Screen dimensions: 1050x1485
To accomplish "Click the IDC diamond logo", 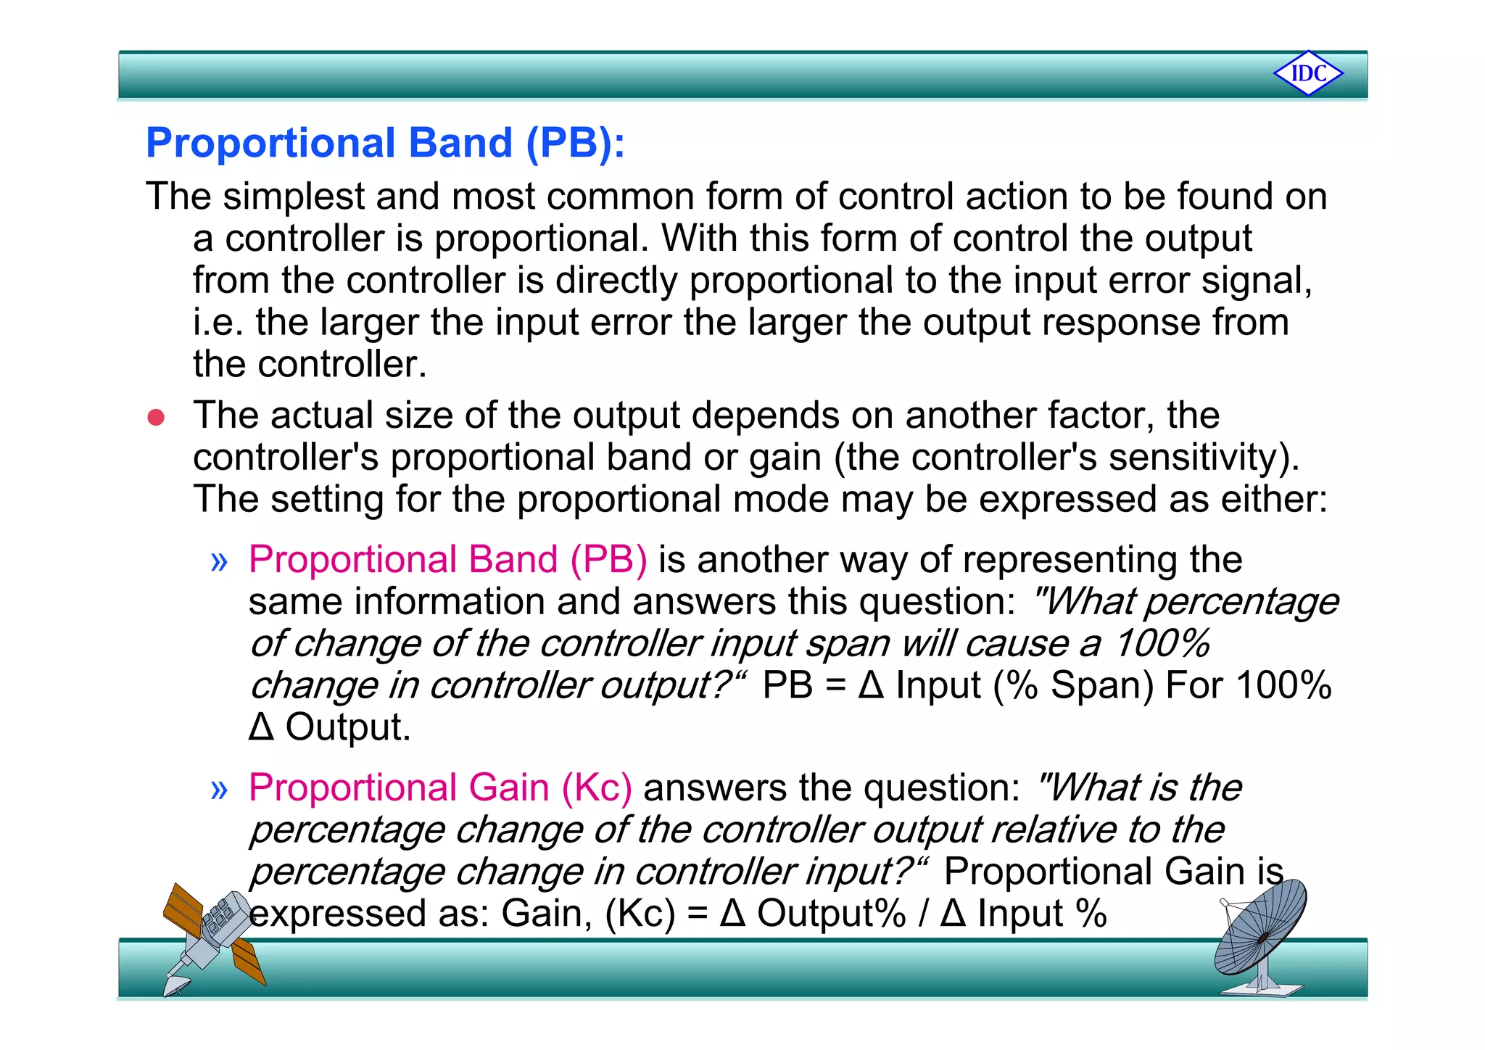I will coord(1308,73).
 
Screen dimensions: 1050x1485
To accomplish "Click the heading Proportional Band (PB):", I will coord(385,143).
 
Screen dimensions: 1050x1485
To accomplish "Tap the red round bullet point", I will coord(156,418).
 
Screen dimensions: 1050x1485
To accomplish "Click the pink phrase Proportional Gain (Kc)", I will coord(440,787).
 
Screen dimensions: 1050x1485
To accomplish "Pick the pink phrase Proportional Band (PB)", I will coord(447,560).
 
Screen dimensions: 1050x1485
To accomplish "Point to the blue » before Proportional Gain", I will coord(219,789).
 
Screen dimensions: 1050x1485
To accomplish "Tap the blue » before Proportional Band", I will coord(219,561).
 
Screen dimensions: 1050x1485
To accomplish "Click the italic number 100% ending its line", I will coord(1162,643).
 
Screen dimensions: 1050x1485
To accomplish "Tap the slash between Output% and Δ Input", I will coord(923,914).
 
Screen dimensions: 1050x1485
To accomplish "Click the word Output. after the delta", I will coord(348,727).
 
